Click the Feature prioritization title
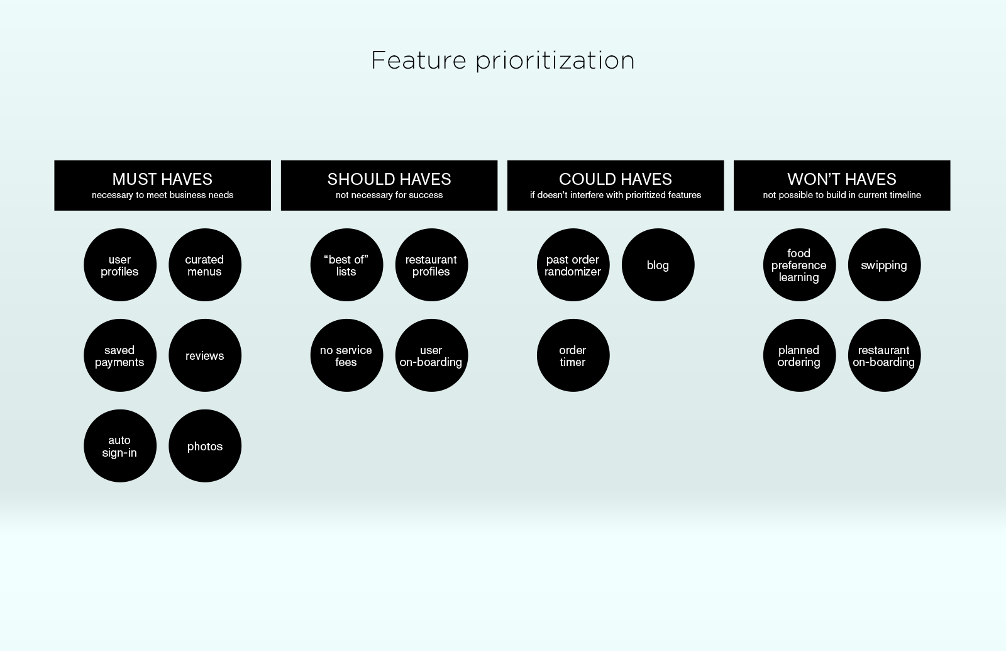tap(502, 60)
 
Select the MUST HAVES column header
tap(163, 185)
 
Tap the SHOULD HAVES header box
tap(389, 185)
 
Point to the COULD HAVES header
tap(616, 185)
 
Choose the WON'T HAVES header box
tap(842, 185)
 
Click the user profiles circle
tap(120, 265)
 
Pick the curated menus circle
tap(205, 265)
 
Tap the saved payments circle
tap(120, 355)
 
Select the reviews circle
tap(205, 355)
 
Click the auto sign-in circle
tap(120, 446)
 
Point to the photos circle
tap(205, 446)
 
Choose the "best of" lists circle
tap(346, 265)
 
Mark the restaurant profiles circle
tap(431, 265)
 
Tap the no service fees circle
tap(346, 355)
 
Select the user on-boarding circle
tap(431, 355)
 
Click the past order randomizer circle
tap(573, 265)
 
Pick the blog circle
tap(658, 265)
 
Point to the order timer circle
tap(573, 355)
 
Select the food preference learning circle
tap(799, 265)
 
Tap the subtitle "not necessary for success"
tap(389, 195)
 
